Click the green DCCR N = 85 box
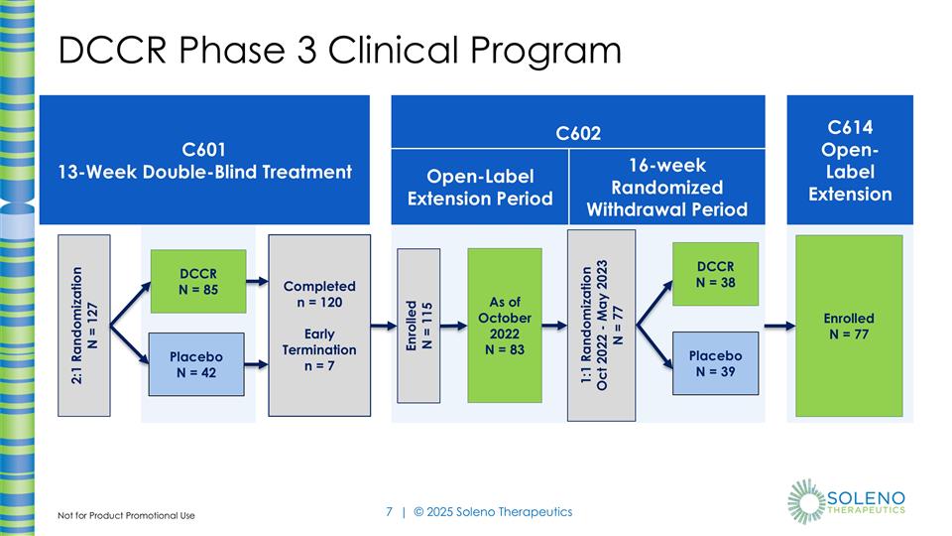click(198, 281)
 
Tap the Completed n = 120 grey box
click(318, 326)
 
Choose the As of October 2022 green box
click(505, 325)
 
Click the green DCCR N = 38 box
click(715, 275)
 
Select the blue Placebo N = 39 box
click(715, 363)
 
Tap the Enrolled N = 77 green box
click(848, 326)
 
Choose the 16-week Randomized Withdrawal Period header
click(667, 187)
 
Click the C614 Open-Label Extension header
click(849, 159)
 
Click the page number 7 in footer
click(389, 512)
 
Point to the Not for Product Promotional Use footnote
click(126, 515)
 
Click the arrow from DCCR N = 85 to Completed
click(257, 281)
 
